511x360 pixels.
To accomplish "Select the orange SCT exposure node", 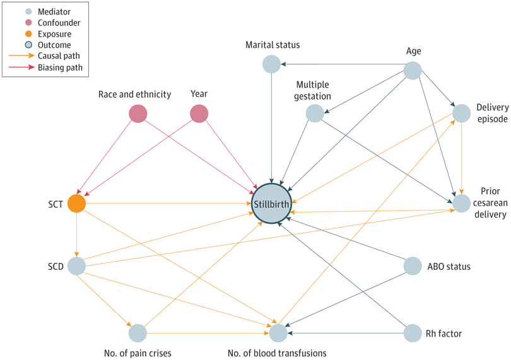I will (76, 203).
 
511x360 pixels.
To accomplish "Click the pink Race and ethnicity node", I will (138, 114).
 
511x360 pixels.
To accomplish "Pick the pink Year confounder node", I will (199, 114).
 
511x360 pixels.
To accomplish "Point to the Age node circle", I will (412, 70).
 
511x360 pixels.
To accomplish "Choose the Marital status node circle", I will (271, 64).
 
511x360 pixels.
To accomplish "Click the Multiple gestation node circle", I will (314, 113).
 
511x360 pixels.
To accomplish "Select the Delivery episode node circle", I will (462, 113).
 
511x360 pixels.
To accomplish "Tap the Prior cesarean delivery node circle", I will (462, 203).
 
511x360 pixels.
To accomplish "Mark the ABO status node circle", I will (412, 266).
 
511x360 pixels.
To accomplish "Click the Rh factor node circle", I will (412, 332).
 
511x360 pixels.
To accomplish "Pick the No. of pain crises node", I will (138, 332).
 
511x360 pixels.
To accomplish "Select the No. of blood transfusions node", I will (278, 332).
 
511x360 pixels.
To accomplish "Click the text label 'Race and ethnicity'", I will (134, 95).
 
